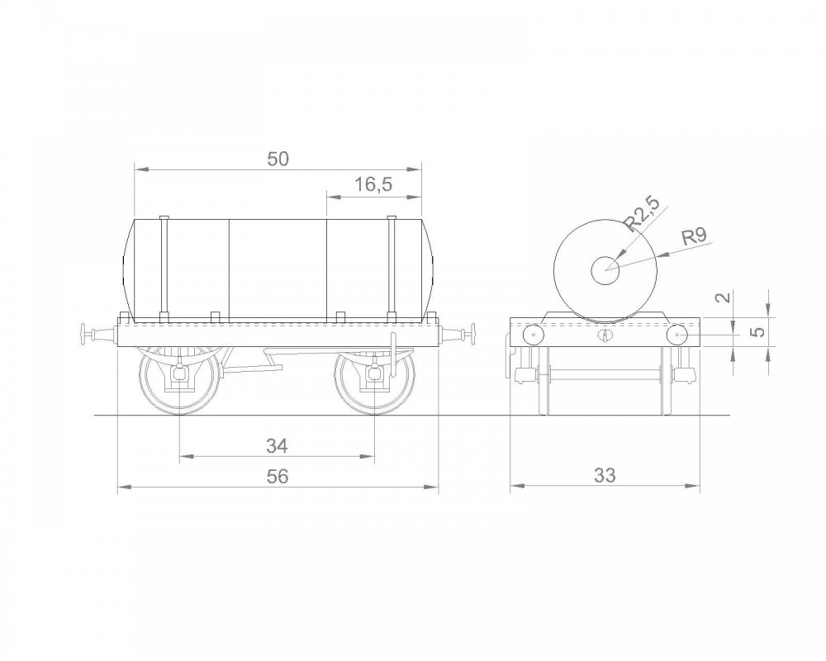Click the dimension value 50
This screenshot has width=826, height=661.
[x=278, y=159]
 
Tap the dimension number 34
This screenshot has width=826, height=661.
[x=277, y=446]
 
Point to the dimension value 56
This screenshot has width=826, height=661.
[x=277, y=478]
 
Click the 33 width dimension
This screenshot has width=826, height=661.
[x=605, y=475]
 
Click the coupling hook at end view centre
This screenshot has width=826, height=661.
[x=605, y=335]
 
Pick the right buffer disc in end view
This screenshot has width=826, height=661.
[x=677, y=335]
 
